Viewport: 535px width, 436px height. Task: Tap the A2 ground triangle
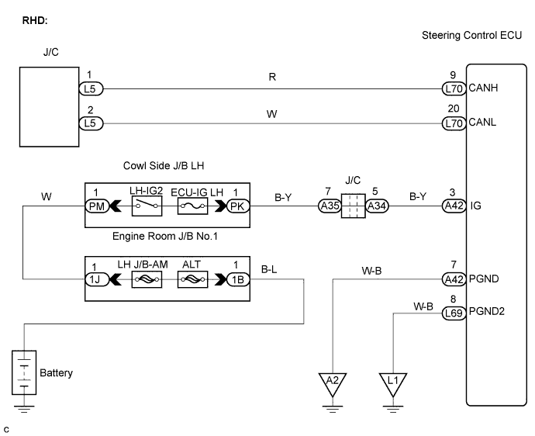click(x=332, y=381)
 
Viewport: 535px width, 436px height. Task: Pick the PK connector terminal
click(x=236, y=206)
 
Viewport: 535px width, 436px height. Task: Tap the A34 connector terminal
click(x=378, y=206)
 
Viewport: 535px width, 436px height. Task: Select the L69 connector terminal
click(x=453, y=314)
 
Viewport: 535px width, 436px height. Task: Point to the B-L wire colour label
click(x=269, y=269)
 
